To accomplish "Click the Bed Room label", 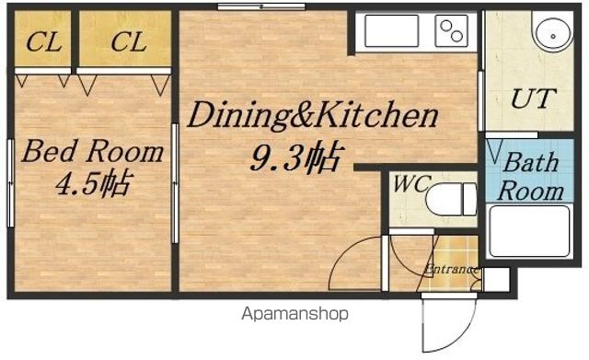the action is tap(92, 151).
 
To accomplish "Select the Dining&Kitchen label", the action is tap(313, 114).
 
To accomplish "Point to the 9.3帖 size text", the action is tap(296, 157).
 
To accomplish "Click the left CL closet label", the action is tap(44, 41).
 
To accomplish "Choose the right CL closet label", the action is tap(129, 41).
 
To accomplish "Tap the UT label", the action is tap(533, 99).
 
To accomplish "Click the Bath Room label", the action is tap(531, 176).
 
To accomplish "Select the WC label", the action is tap(410, 184).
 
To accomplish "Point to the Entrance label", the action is tap(452, 269).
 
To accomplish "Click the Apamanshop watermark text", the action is tap(294, 313).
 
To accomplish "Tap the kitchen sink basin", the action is tap(391, 30).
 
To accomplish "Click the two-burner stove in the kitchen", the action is tap(451, 30).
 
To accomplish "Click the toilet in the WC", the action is tap(452, 199).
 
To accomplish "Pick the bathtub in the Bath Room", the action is tap(530, 231).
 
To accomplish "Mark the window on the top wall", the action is tap(261, 6).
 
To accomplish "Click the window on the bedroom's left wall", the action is tap(10, 183).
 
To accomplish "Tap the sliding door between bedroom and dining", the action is tap(175, 183).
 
